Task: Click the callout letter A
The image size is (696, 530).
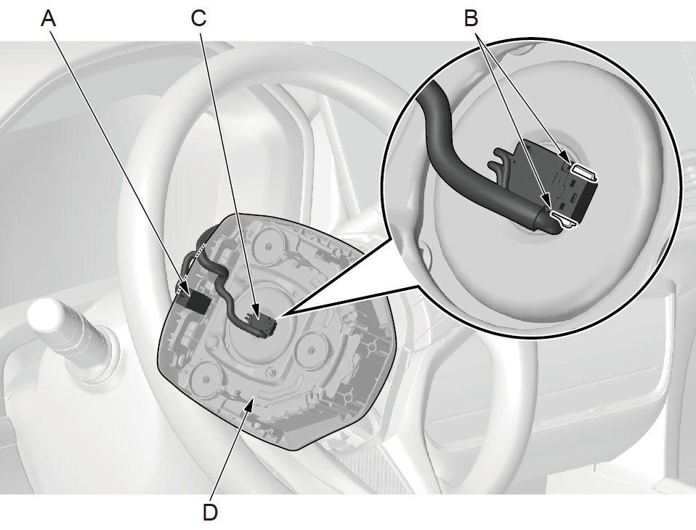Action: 49,19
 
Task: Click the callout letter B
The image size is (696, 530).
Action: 471,19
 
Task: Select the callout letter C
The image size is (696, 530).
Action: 198,19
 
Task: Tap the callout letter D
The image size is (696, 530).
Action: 211,513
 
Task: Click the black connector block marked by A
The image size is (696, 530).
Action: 195,302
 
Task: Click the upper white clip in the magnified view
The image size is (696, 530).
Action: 583,172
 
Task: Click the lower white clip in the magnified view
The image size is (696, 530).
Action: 564,220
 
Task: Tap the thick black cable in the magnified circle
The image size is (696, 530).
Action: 466,169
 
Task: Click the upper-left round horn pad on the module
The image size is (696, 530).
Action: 268,244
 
